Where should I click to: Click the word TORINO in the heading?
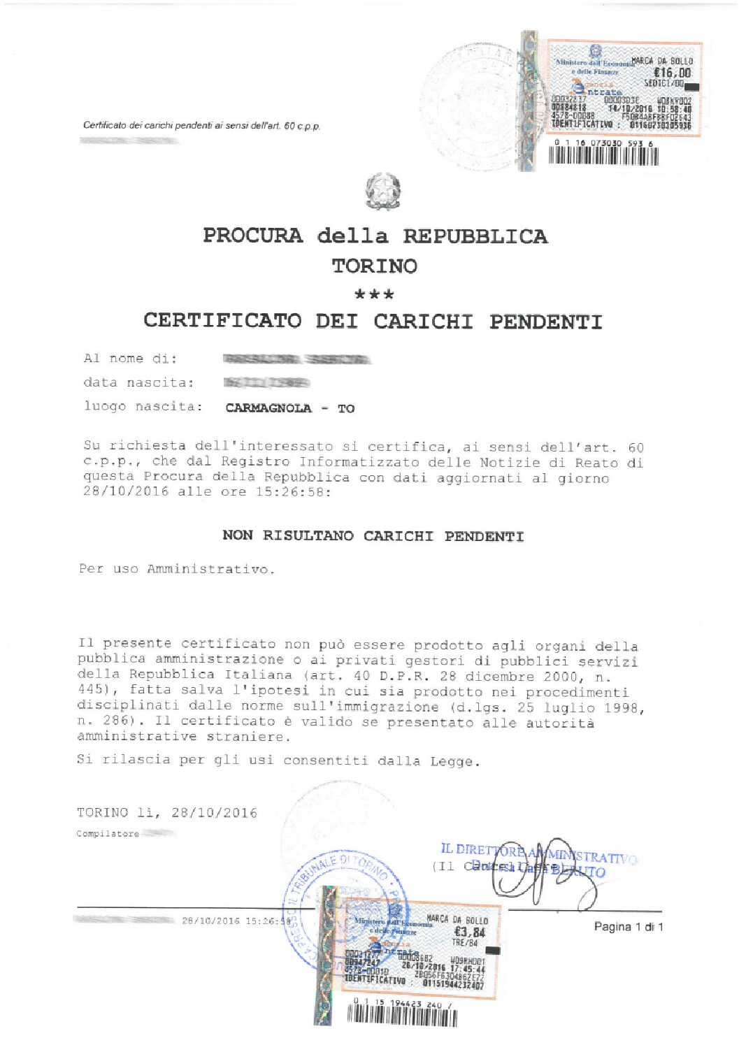coord(374,266)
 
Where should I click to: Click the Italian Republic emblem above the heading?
coord(382,192)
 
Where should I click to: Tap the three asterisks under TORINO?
coord(374,294)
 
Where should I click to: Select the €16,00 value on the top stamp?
coord(672,73)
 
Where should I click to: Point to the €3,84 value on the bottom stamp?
coord(469,932)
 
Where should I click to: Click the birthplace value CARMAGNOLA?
coord(268,408)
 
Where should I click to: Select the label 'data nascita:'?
coord(138,382)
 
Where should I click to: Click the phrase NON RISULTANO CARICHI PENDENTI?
coord(373,536)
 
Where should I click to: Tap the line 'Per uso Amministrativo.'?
coord(176,569)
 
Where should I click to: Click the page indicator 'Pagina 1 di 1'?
coord(628,927)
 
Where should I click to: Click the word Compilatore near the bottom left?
coord(107,833)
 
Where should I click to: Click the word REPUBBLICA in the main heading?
coord(475,236)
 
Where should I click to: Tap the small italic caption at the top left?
coord(201,126)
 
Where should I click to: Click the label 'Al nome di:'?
coord(130,359)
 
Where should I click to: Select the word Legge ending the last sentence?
coord(454,761)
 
